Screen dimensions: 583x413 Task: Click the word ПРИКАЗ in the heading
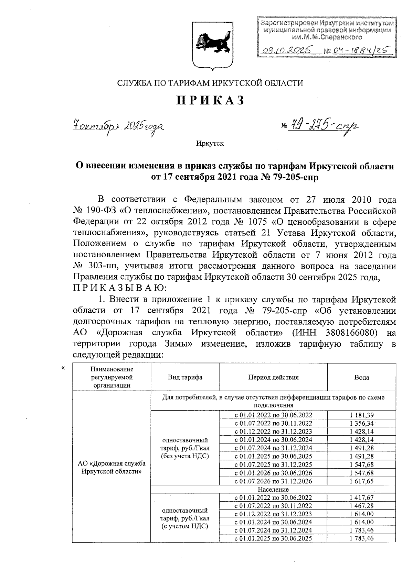[x=210, y=100]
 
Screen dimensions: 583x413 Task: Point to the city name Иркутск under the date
[x=210, y=143]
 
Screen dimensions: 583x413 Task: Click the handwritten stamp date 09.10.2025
[x=286, y=51]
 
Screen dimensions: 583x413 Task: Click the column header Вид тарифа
[x=185, y=377]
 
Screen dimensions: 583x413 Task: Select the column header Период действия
[x=273, y=377]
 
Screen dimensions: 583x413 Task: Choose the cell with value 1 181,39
[x=361, y=415]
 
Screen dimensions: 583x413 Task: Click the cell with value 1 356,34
[x=361, y=423]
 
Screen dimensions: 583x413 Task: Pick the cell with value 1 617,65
[x=361, y=481]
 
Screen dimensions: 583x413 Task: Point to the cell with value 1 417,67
[x=361, y=497]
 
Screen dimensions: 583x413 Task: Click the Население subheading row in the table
[x=273, y=489]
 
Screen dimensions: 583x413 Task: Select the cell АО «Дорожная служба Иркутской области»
[x=112, y=467]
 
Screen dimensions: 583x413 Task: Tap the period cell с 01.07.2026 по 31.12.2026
[x=273, y=481]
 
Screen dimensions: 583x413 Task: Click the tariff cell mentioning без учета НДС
[x=185, y=448]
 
